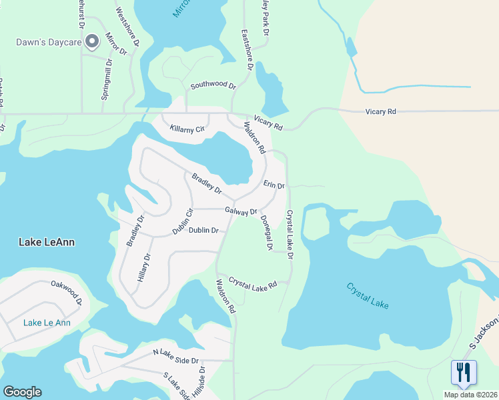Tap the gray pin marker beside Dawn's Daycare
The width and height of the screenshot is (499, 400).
click(93, 42)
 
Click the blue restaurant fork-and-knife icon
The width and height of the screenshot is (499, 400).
click(464, 373)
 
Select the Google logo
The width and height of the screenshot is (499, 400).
click(22, 392)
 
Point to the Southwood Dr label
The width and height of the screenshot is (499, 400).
click(213, 85)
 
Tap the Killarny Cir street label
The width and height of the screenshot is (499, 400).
click(187, 129)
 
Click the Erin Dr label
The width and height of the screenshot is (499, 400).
click(274, 184)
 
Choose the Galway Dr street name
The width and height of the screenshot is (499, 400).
click(241, 211)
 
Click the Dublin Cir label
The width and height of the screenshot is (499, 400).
click(182, 221)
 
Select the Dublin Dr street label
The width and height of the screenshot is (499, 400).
click(203, 231)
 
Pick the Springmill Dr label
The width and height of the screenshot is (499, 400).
click(107, 79)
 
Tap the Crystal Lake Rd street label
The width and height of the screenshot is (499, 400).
click(253, 284)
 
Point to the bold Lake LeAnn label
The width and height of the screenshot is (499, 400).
click(46, 242)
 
